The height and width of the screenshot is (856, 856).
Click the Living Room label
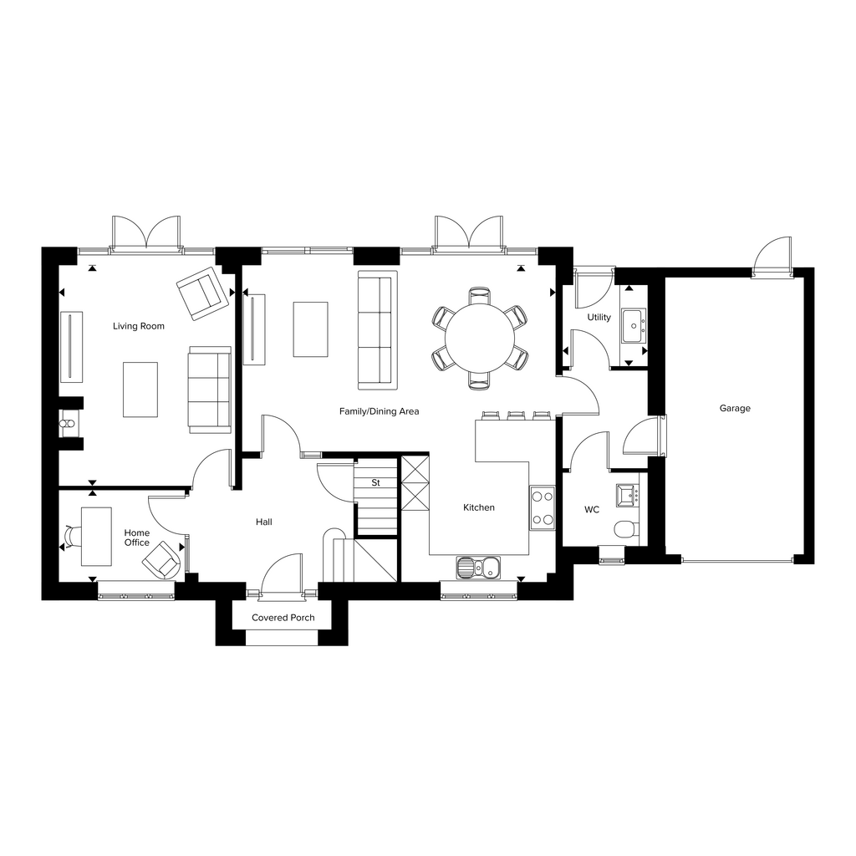pyautogui.click(x=138, y=326)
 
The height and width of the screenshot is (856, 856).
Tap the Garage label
pyautogui.click(x=735, y=408)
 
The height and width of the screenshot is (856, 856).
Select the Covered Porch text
pyautogui.click(x=283, y=618)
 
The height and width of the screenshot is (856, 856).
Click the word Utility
pyautogui.click(x=599, y=317)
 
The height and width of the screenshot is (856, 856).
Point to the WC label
pyautogui.click(x=592, y=509)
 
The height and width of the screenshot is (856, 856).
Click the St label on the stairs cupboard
pyautogui.click(x=375, y=482)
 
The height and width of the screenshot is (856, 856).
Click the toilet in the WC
pyautogui.click(x=626, y=529)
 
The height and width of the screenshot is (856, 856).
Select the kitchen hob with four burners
pyautogui.click(x=542, y=507)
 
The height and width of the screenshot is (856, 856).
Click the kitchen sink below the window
pyautogui.click(x=478, y=568)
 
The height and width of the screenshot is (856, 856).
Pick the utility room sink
pyautogui.click(x=634, y=326)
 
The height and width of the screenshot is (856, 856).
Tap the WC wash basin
pyautogui.click(x=627, y=495)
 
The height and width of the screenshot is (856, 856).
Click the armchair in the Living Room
pyautogui.click(x=202, y=293)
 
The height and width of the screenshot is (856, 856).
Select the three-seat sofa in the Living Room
pyautogui.click(x=210, y=390)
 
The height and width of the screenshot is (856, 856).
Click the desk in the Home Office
pyautogui.click(x=97, y=536)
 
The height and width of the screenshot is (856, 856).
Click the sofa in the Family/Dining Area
pyautogui.click(x=378, y=330)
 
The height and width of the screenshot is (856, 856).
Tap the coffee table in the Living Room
pyautogui.click(x=140, y=390)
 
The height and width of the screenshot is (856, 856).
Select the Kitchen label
pyautogui.click(x=479, y=507)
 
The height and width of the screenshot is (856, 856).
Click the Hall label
pyautogui.click(x=264, y=522)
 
